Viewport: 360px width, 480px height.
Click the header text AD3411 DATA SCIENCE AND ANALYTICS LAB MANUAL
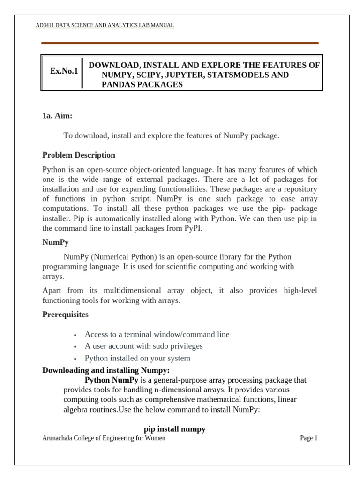pyautogui.click(x=105, y=25)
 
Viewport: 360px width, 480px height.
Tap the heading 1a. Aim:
pyautogui.click(x=57, y=115)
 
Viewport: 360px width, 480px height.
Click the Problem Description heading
pyautogui.click(x=78, y=155)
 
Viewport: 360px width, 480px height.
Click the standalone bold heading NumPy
pyautogui.click(x=54, y=242)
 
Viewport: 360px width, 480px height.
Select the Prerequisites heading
pyautogui.click(x=65, y=315)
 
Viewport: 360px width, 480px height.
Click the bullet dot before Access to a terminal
pyautogui.click(x=75, y=335)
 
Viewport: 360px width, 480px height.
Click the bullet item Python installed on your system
pyautogui.click(x=137, y=359)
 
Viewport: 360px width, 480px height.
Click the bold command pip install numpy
pyautogui.click(x=174, y=429)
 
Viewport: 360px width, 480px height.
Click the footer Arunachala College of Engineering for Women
pyautogui.click(x=104, y=438)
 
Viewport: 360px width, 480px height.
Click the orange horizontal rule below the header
pyautogui.click(x=180, y=43)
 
